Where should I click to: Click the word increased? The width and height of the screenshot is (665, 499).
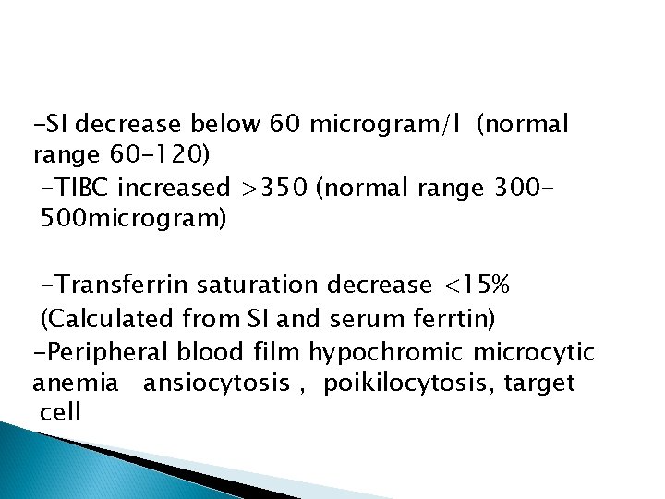175,189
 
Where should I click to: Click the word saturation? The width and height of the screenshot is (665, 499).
291,286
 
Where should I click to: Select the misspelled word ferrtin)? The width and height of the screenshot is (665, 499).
451,320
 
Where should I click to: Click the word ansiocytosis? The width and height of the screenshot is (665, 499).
219,382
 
